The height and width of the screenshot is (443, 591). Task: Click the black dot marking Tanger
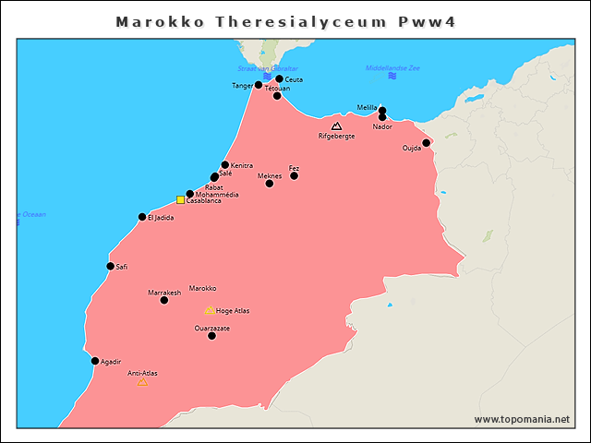pos(259,85)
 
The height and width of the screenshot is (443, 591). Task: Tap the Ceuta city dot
pos(280,79)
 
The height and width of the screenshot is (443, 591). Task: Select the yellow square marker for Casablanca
pos(181,199)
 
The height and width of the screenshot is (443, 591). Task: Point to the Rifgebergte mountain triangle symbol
pos(336,126)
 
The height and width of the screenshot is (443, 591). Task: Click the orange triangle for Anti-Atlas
pos(142,381)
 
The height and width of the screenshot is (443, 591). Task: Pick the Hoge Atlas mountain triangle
pos(210,310)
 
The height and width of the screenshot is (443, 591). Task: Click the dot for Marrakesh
pos(164,300)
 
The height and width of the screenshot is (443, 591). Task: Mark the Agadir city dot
pos(95,361)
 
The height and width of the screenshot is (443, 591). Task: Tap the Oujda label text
pos(412,148)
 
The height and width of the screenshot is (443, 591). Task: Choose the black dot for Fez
pos(295,175)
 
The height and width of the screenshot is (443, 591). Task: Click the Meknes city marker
pos(270,184)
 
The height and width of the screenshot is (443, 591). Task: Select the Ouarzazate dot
pos(212,336)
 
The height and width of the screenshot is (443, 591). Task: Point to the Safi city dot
pos(111,266)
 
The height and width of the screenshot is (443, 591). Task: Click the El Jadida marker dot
pos(142,217)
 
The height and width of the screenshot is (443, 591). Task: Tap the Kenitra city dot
pos(225,165)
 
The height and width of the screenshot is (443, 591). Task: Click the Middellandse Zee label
pos(392,67)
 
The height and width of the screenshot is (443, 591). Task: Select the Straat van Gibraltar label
pos(267,68)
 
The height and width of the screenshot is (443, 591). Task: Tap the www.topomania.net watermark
pos(522,419)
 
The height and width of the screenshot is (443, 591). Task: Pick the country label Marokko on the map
pos(202,288)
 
